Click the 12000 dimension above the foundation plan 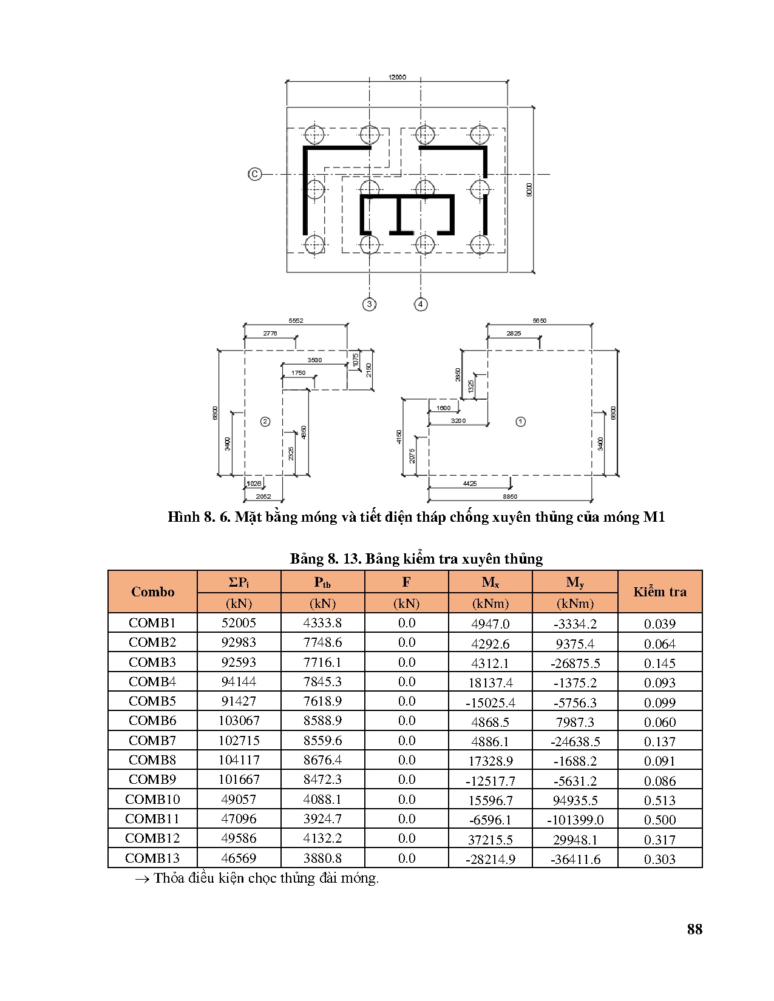(398, 77)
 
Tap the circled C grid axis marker (254, 174)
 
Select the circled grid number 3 (369, 304)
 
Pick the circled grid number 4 (421, 304)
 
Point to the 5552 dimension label (296, 320)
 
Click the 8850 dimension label (510, 497)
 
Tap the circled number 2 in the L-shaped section (265, 422)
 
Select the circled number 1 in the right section (520, 422)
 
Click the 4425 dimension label (470, 484)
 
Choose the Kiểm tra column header (660, 592)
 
